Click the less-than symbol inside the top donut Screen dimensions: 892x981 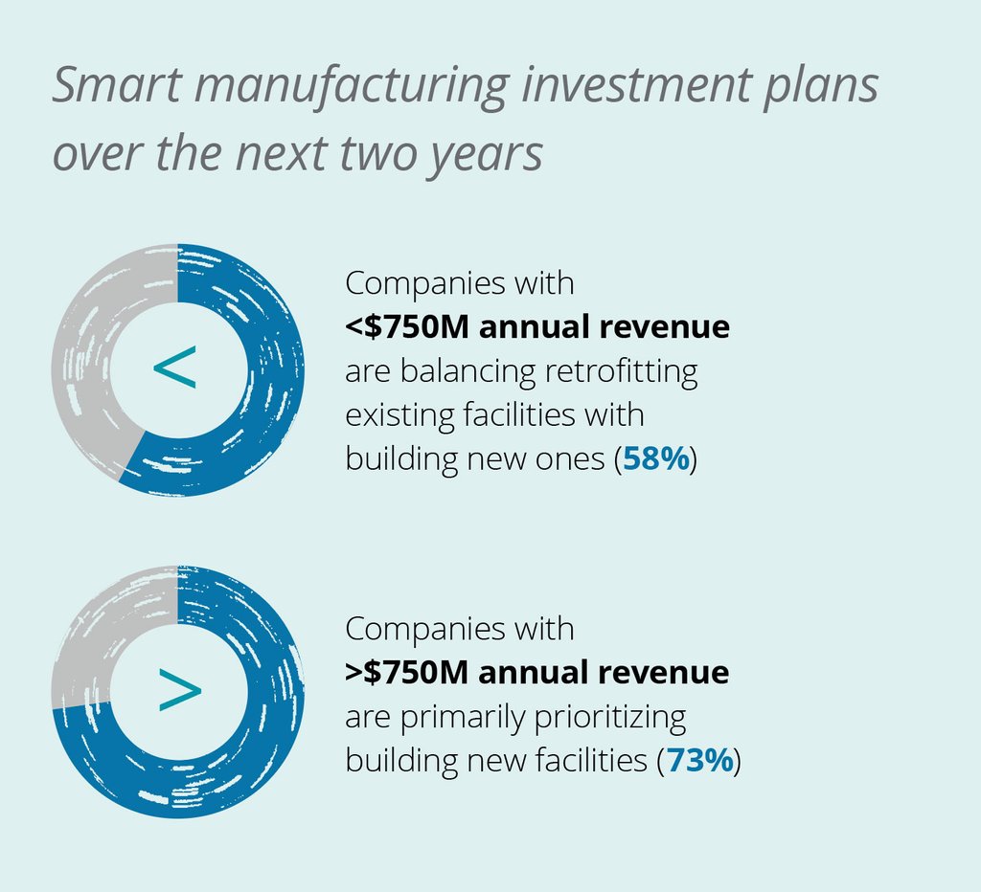pos(175,369)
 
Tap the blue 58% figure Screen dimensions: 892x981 pos(656,459)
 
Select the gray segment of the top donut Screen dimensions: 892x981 pos(81,354)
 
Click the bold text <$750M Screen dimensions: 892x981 pos(406,327)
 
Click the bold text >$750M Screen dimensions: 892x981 pos(406,673)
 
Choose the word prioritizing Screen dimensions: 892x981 pos(602,718)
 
